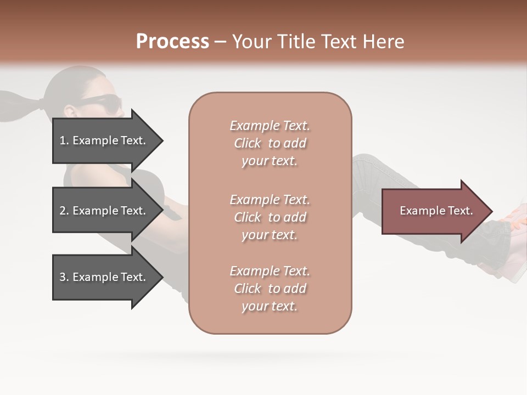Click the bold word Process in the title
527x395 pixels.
point(172,42)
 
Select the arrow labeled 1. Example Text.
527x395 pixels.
point(104,140)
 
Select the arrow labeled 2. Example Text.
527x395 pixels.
point(104,211)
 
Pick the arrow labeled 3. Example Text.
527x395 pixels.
point(104,277)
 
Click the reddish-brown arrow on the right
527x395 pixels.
point(434,211)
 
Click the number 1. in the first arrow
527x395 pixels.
point(64,140)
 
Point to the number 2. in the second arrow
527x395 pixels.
point(64,211)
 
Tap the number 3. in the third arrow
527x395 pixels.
point(64,277)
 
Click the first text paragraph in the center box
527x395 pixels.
point(270,143)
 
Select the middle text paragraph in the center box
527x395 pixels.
point(270,217)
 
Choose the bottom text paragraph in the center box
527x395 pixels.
point(270,289)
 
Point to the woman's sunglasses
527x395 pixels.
point(102,102)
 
